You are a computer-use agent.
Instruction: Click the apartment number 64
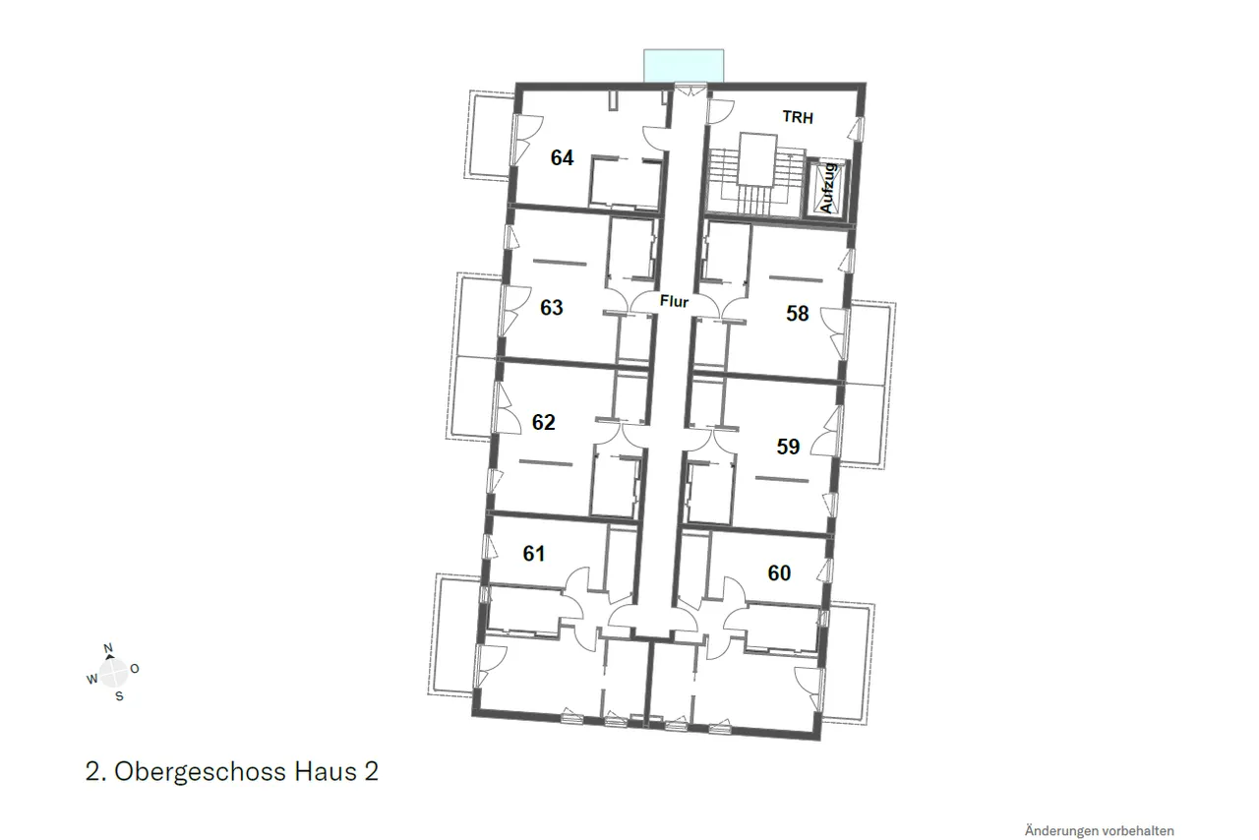point(562,158)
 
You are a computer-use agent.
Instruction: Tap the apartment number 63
point(552,308)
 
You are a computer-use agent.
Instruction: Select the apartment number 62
point(544,422)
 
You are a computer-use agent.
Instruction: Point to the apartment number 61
point(534,554)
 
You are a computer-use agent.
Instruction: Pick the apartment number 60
point(779,572)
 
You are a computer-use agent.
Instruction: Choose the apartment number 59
point(788,447)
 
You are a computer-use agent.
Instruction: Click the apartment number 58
point(798,314)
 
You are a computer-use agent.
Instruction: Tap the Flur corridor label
point(674,301)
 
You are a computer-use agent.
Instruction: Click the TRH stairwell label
point(798,117)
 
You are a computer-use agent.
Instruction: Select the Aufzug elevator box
point(826,188)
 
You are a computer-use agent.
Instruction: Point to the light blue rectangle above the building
point(684,66)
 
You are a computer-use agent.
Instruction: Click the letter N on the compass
point(108,648)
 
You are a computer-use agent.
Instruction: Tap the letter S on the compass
point(119,696)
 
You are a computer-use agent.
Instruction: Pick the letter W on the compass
point(91,680)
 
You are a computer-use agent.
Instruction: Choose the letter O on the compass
point(135,669)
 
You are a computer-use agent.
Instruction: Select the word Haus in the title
point(326,771)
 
